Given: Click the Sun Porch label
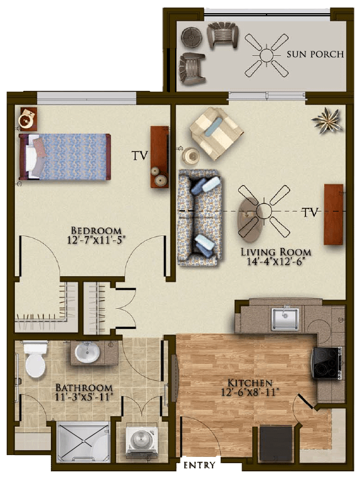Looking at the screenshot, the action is [x=315, y=54].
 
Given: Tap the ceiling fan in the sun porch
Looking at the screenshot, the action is [x=267, y=55].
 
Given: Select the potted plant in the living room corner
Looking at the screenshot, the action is [x=327, y=120].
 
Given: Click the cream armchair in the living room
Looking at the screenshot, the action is [x=216, y=133].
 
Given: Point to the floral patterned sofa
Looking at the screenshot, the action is [x=199, y=218].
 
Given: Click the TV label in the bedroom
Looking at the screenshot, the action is [x=140, y=156].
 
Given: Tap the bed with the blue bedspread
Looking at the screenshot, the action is [x=65, y=157].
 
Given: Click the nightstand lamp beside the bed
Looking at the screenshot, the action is [x=28, y=119].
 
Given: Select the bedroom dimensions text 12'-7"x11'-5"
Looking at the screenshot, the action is [x=96, y=240].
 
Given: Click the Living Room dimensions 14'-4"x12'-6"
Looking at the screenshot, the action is [x=276, y=261].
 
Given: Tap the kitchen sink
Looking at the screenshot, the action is [x=285, y=318].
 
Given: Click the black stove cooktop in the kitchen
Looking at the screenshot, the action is [x=327, y=363].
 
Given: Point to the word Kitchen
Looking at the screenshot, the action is [x=250, y=382].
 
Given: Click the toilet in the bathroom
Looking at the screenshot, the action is [x=36, y=358].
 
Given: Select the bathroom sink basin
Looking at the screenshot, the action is [x=87, y=353].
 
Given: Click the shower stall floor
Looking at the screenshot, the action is [x=83, y=441].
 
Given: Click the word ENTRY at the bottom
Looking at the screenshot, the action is [x=199, y=465].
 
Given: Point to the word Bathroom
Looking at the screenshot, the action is [x=84, y=388].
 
